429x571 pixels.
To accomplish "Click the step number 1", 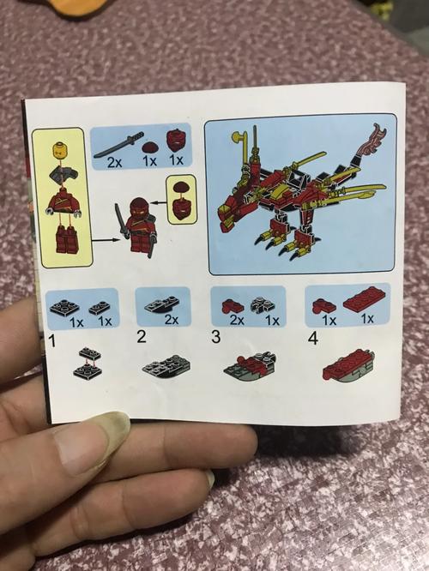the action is (52, 341).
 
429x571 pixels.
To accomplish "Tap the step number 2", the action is (142, 337).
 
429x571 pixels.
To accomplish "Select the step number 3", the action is (215, 337).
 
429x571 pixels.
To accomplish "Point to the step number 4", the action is (313, 339).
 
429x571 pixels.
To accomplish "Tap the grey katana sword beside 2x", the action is (118, 145).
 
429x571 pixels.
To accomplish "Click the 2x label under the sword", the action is (115, 162).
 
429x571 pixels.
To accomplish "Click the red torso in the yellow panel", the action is (63, 206).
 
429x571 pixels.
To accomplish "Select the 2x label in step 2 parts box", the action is (172, 320).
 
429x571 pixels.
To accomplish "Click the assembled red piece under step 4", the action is (348, 368).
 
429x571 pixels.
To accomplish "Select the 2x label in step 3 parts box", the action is (237, 320).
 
